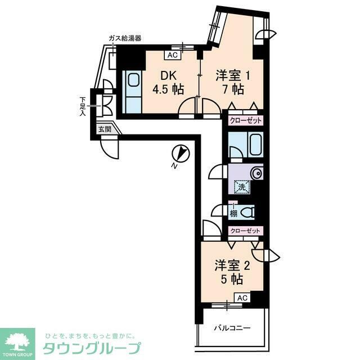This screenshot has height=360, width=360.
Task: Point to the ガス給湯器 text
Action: pyautogui.click(x=124, y=38)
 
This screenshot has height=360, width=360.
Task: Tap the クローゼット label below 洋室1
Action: pyautogui.click(x=246, y=120)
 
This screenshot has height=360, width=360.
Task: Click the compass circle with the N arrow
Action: pyautogui.click(x=181, y=154)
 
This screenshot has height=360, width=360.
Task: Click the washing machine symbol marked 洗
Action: pyautogui.click(x=241, y=187)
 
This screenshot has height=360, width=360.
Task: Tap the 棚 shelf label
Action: pyautogui.click(x=232, y=213)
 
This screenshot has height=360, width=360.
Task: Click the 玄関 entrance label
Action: pyautogui.click(x=105, y=129)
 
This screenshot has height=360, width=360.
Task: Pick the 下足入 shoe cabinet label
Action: pyautogui.click(x=82, y=106)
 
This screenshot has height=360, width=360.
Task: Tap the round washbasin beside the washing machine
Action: pyautogui.click(x=258, y=173)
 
